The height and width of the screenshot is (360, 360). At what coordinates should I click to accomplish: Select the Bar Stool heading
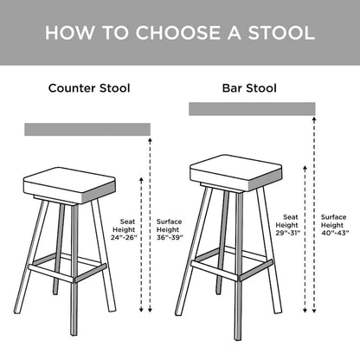point(250,87)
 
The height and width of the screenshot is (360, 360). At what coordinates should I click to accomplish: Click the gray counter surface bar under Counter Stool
point(87,130)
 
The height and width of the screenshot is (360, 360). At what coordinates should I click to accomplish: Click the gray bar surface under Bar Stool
point(251,109)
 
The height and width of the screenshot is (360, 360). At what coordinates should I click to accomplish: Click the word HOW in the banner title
point(67,33)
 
